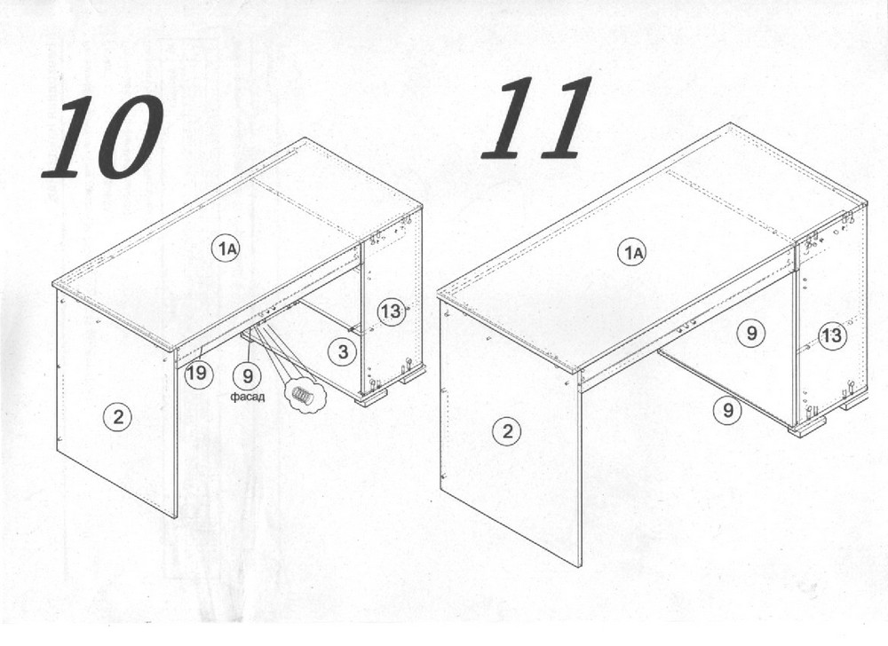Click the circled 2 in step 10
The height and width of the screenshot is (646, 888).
pos(118,417)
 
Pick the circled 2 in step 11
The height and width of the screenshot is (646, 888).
pos(507,431)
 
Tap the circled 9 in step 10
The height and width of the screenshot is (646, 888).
pos(248,375)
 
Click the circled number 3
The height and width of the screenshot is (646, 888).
pos(343,352)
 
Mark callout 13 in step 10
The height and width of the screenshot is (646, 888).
pos(392,311)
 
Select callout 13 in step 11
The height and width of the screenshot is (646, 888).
pos(832,335)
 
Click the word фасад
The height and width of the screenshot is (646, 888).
pos(248,397)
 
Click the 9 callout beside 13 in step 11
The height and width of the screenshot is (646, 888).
pos(751,332)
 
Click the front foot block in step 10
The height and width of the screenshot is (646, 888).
pos(371,396)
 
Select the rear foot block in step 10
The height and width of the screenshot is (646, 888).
pos(412,374)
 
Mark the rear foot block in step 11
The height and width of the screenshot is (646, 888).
pos(852,402)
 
